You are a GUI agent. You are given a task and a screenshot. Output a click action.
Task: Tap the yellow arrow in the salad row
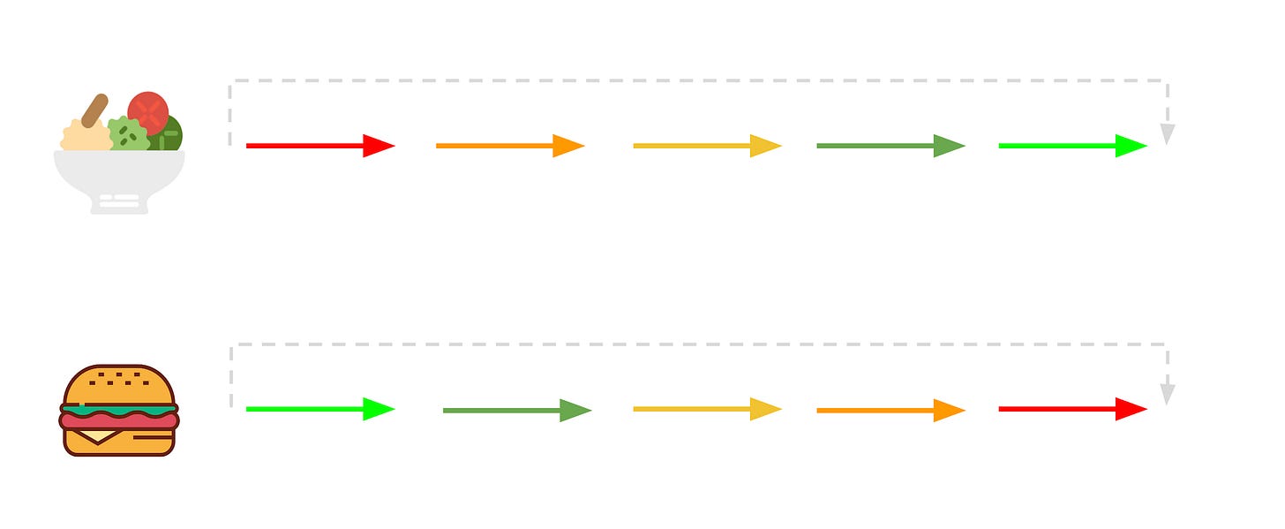[x=706, y=146]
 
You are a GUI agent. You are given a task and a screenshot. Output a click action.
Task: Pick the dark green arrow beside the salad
[x=890, y=146]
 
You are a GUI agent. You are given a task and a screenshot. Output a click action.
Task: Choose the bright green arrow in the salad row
[x=1071, y=146]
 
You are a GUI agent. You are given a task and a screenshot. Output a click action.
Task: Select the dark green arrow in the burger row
[x=515, y=411]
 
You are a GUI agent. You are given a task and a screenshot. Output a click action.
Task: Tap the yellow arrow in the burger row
[x=706, y=409]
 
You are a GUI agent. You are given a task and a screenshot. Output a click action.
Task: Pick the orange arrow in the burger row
[x=890, y=411]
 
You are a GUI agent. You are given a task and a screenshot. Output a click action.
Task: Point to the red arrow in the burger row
[x=1071, y=409]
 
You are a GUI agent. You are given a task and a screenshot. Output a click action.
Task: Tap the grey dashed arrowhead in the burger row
[x=1167, y=395]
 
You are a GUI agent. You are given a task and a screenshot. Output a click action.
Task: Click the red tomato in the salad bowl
[x=148, y=112]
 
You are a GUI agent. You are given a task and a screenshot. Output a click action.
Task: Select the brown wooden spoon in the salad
[x=94, y=110]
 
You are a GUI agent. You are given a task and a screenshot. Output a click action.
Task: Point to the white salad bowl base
[x=119, y=202]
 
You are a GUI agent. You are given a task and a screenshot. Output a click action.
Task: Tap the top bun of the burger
[x=119, y=384]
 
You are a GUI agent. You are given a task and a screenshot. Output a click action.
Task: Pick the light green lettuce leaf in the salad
[x=129, y=134]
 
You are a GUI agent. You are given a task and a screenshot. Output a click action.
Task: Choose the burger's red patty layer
[x=119, y=421]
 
